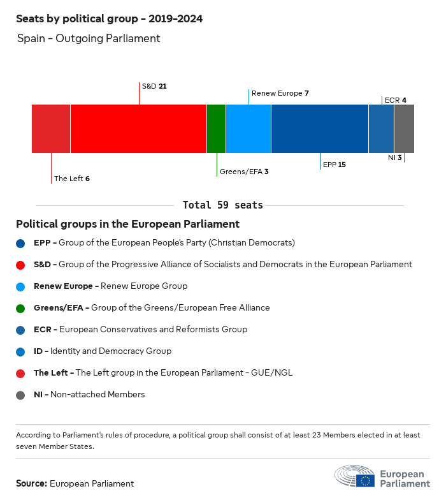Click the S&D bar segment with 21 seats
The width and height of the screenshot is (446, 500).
138,129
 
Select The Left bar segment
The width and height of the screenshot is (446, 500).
51,129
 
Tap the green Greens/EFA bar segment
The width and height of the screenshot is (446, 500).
216,129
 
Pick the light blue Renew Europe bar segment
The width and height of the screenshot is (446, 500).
248,129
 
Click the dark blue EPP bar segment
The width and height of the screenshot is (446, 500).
320,129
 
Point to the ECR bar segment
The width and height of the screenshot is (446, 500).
381,129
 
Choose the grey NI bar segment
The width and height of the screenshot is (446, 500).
404,129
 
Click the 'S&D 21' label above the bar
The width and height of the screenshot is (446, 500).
154,85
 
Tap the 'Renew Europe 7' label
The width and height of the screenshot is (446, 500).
280,93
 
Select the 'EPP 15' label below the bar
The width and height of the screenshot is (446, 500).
334,165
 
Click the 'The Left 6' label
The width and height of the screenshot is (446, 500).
71,179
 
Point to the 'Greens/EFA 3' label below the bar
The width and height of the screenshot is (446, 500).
243,172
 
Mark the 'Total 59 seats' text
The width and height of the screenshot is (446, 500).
222,205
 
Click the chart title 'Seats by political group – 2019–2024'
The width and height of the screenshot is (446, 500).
109,18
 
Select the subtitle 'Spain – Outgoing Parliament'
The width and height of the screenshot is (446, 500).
89,38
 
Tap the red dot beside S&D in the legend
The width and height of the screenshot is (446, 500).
20,265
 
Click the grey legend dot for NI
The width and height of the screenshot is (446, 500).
20,395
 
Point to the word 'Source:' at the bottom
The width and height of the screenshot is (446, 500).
31,483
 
